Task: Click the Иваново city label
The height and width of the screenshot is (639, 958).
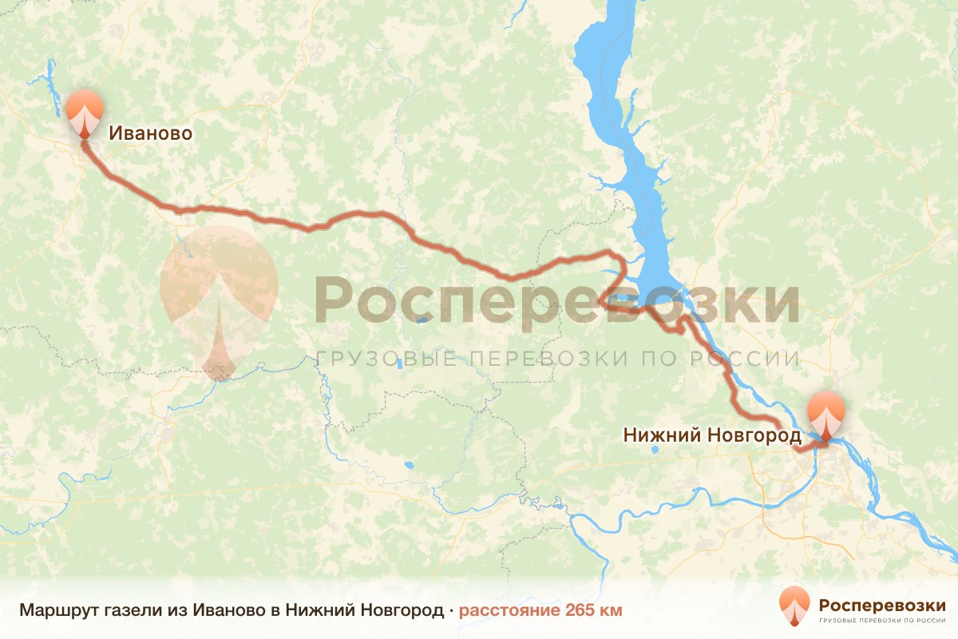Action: tap(150, 133)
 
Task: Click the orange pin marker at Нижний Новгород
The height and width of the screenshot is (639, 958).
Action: tap(825, 414)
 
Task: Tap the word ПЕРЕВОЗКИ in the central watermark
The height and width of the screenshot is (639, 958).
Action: tap(551, 359)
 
